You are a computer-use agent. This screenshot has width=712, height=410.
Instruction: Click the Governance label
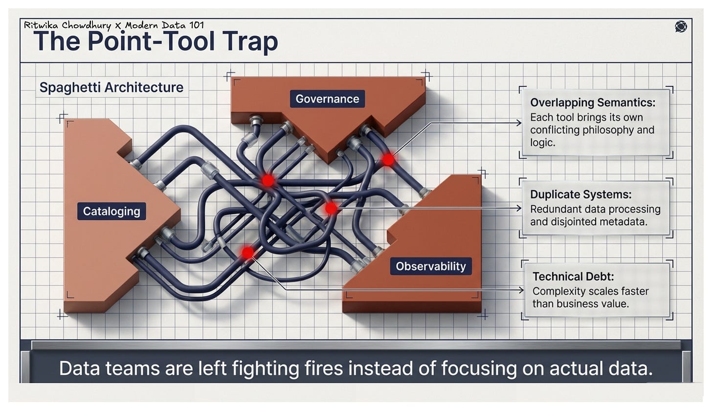point(327,99)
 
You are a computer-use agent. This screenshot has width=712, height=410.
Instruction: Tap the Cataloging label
point(111,211)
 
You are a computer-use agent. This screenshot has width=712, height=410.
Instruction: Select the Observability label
point(430,266)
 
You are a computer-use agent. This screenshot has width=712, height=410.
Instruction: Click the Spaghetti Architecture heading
point(111,87)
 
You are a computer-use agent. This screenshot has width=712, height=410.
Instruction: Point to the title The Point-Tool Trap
point(156,42)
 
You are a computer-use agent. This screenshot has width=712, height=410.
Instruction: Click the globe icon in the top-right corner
point(680,26)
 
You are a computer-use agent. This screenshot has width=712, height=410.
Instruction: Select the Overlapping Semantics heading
point(593,103)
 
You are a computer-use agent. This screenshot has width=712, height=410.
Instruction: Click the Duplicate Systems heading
point(580,194)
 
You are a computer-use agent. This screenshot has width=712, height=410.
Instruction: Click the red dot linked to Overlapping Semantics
point(388,160)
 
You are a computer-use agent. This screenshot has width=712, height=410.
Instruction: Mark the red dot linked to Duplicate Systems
point(332,209)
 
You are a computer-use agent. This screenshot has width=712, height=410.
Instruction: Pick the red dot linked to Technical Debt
point(248,253)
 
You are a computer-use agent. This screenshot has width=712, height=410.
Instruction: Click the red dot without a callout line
point(267,181)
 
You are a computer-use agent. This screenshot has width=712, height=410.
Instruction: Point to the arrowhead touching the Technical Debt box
point(521,290)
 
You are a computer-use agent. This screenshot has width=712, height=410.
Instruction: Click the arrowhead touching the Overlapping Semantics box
point(519,123)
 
